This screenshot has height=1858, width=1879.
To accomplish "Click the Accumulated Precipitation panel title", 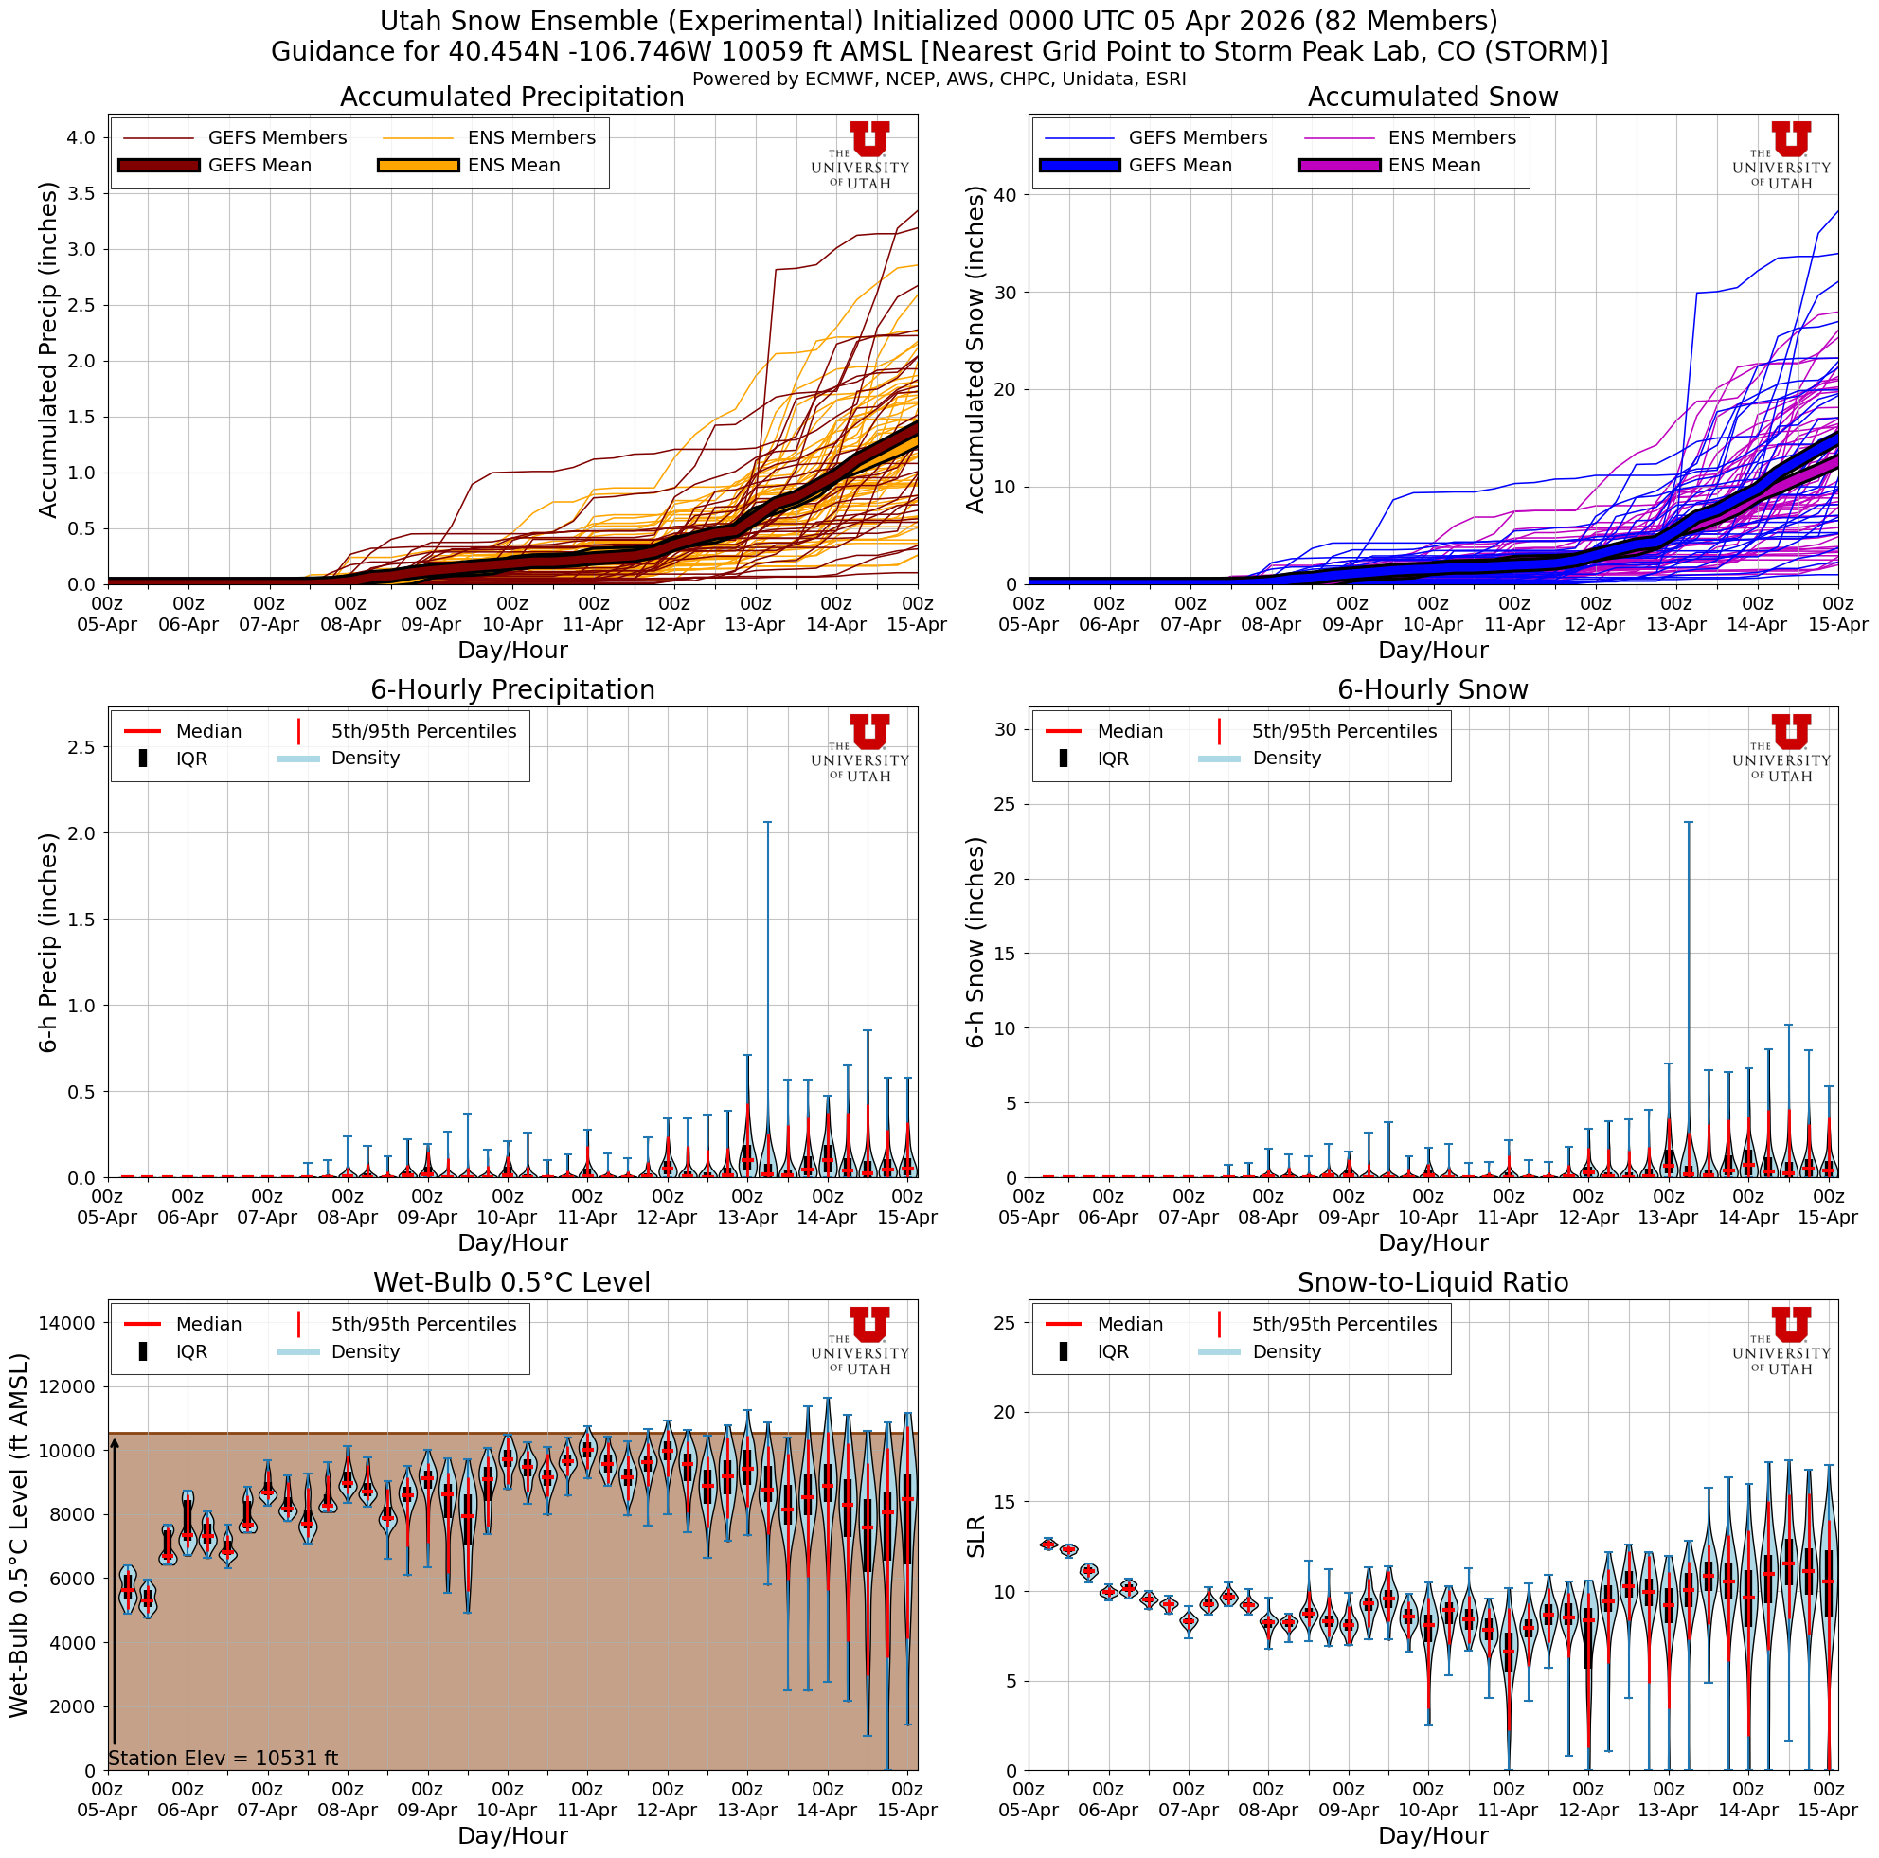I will (x=511, y=98).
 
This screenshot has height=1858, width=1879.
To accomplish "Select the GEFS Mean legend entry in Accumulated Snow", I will (x=1180, y=166).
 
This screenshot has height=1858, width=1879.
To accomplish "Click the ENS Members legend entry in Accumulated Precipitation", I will (x=531, y=138).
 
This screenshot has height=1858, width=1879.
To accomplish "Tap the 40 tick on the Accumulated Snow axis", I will (x=1005, y=195).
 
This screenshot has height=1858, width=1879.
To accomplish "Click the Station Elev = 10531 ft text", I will (x=223, y=1758).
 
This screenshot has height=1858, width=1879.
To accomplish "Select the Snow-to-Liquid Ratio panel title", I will (x=1432, y=1282).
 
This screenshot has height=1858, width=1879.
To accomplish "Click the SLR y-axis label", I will (x=976, y=1536).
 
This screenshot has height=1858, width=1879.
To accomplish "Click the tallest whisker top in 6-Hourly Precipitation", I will (x=767, y=823).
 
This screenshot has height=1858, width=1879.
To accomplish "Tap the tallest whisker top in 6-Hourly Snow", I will (x=1689, y=823).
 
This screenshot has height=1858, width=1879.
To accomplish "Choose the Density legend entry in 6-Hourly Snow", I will (x=1286, y=759).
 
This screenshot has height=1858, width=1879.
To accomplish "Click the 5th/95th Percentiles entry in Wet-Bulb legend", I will (x=423, y=1324).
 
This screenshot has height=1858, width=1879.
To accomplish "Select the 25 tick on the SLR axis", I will (x=1005, y=1323).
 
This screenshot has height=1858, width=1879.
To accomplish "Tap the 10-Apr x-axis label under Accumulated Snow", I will (x=1433, y=625).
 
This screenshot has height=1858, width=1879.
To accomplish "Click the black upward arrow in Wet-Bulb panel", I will (x=114, y=1595).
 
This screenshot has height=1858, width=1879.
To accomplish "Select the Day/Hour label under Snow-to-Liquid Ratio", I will (x=1432, y=1835).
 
